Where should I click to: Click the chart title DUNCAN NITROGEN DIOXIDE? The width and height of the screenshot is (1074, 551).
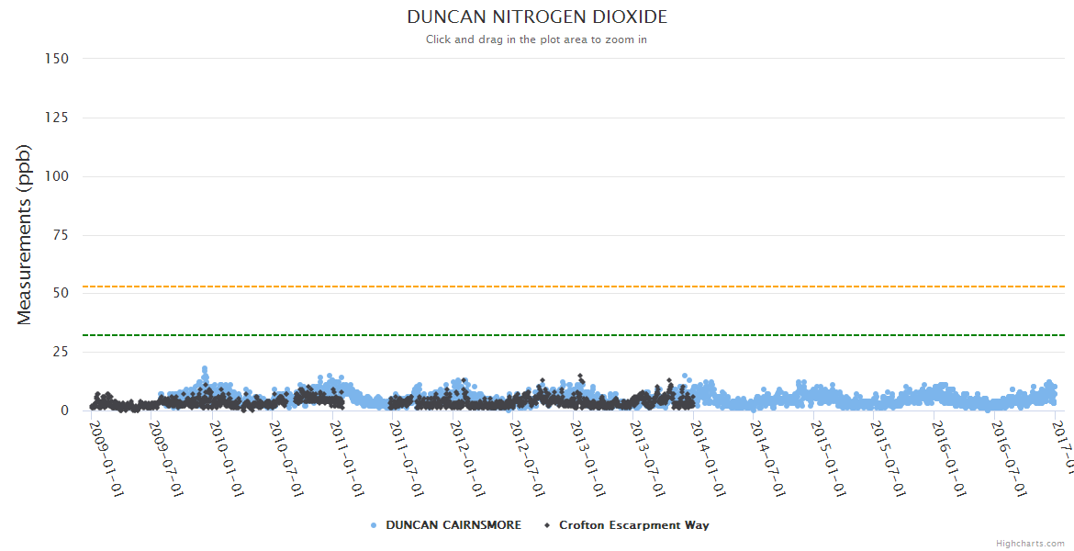[537, 17]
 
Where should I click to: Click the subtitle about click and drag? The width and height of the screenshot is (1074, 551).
[537, 39]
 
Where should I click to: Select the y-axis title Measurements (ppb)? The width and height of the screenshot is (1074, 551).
[25, 234]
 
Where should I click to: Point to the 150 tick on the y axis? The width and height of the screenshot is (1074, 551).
[57, 59]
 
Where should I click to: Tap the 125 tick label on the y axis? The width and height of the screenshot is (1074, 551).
[57, 118]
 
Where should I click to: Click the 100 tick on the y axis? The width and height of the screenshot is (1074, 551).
[57, 176]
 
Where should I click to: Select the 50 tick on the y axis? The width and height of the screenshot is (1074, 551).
[61, 293]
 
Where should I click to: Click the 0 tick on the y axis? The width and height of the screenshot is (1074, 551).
[64, 410]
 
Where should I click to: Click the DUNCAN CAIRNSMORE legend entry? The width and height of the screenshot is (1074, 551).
[453, 525]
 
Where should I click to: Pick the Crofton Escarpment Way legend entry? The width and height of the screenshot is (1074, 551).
[633, 525]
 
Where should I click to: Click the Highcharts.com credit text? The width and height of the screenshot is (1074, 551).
[1030, 543]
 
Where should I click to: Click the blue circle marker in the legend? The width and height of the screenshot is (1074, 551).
[374, 525]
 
